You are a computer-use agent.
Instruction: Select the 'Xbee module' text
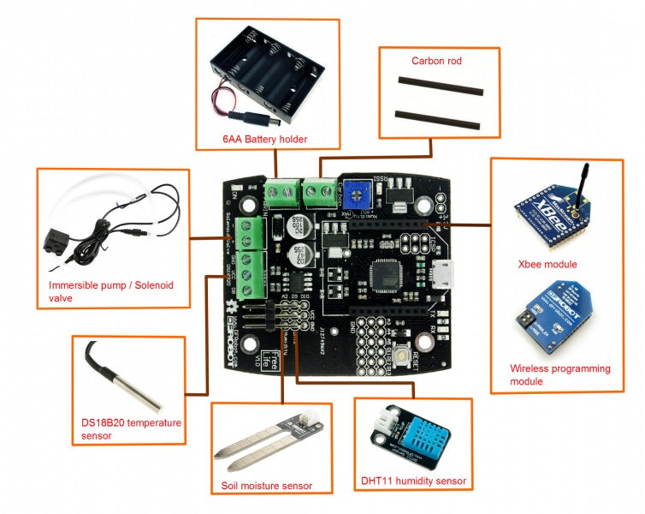(547, 264)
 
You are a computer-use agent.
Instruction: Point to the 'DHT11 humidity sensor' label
(414, 481)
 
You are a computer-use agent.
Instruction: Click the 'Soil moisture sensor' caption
(261, 486)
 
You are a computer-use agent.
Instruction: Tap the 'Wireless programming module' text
(560, 374)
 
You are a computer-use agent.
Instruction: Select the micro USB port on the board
(443, 279)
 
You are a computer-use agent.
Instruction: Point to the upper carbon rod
(439, 83)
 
